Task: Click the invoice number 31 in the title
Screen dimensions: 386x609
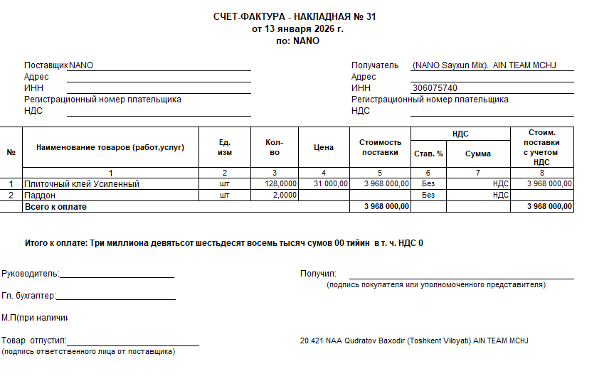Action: tap(370, 17)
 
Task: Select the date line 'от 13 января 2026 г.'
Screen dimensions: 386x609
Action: tap(297, 29)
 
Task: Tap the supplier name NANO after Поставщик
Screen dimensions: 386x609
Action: tap(81, 65)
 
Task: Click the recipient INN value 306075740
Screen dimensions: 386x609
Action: tap(435, 88)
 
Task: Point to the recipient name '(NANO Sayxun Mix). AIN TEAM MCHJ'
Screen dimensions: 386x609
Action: tap(483, 65)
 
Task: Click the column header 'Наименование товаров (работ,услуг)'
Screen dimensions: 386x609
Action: tap(110, 147)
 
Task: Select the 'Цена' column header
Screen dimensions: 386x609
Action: tap(323, 147)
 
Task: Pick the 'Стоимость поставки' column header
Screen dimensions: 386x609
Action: tap(380, 147)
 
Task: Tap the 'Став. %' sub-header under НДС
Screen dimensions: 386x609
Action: tap(428, 154)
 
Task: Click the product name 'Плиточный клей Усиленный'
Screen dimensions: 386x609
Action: tap(82, 183)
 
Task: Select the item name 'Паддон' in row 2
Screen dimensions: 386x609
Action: tap(40, 195)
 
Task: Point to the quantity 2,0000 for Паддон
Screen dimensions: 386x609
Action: tap(284, 195)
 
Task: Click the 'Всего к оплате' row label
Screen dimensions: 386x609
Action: tap(55, 206)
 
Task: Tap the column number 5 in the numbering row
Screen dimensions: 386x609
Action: tap(380, 173)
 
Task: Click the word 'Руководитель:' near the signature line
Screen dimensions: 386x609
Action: tap(31, 274)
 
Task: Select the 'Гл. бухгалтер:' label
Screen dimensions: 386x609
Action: tap(28, 296)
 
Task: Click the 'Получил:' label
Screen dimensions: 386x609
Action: tap(318, 274)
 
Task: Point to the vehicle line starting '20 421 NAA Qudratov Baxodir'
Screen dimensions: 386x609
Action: tap(414, 341)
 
